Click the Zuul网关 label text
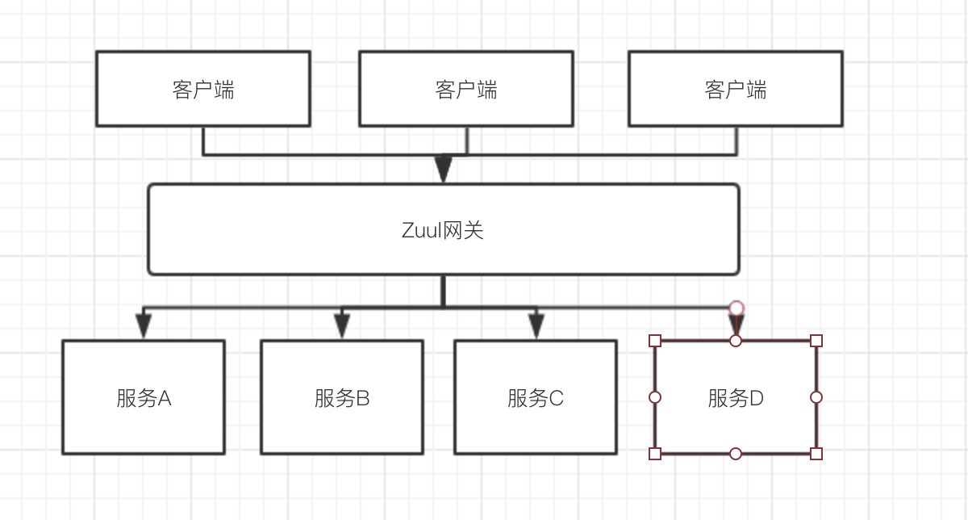(443, 230)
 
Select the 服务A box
(144, 397)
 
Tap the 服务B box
(342, 397)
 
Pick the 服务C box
(536, 397)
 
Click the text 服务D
(736, 398)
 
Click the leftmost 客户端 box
(203, 89)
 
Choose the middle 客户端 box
(466, 89)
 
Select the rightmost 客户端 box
(736, 89)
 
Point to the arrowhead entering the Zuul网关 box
(443, 170)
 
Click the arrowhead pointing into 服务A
(144, 326)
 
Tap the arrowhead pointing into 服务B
(342, 326)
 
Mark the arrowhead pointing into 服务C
(536, 326)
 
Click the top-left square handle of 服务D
(655, 341)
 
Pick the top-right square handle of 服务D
(816, 341)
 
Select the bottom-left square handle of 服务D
(655, 454)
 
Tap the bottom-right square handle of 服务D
(816, 454)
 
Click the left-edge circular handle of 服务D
(655, 397)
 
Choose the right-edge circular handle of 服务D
(816, 397)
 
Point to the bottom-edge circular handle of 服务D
(736, 454)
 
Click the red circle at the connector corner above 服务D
(736, 308)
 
